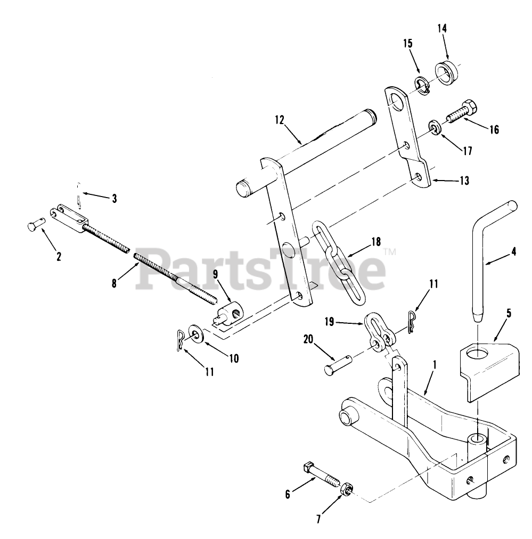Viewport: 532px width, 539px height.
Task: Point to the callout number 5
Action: point(509,313)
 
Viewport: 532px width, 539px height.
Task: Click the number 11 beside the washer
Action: point(209,372)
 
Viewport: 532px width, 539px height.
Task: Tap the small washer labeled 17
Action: point(435,129)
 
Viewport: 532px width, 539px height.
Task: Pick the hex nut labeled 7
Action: point(346,488)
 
